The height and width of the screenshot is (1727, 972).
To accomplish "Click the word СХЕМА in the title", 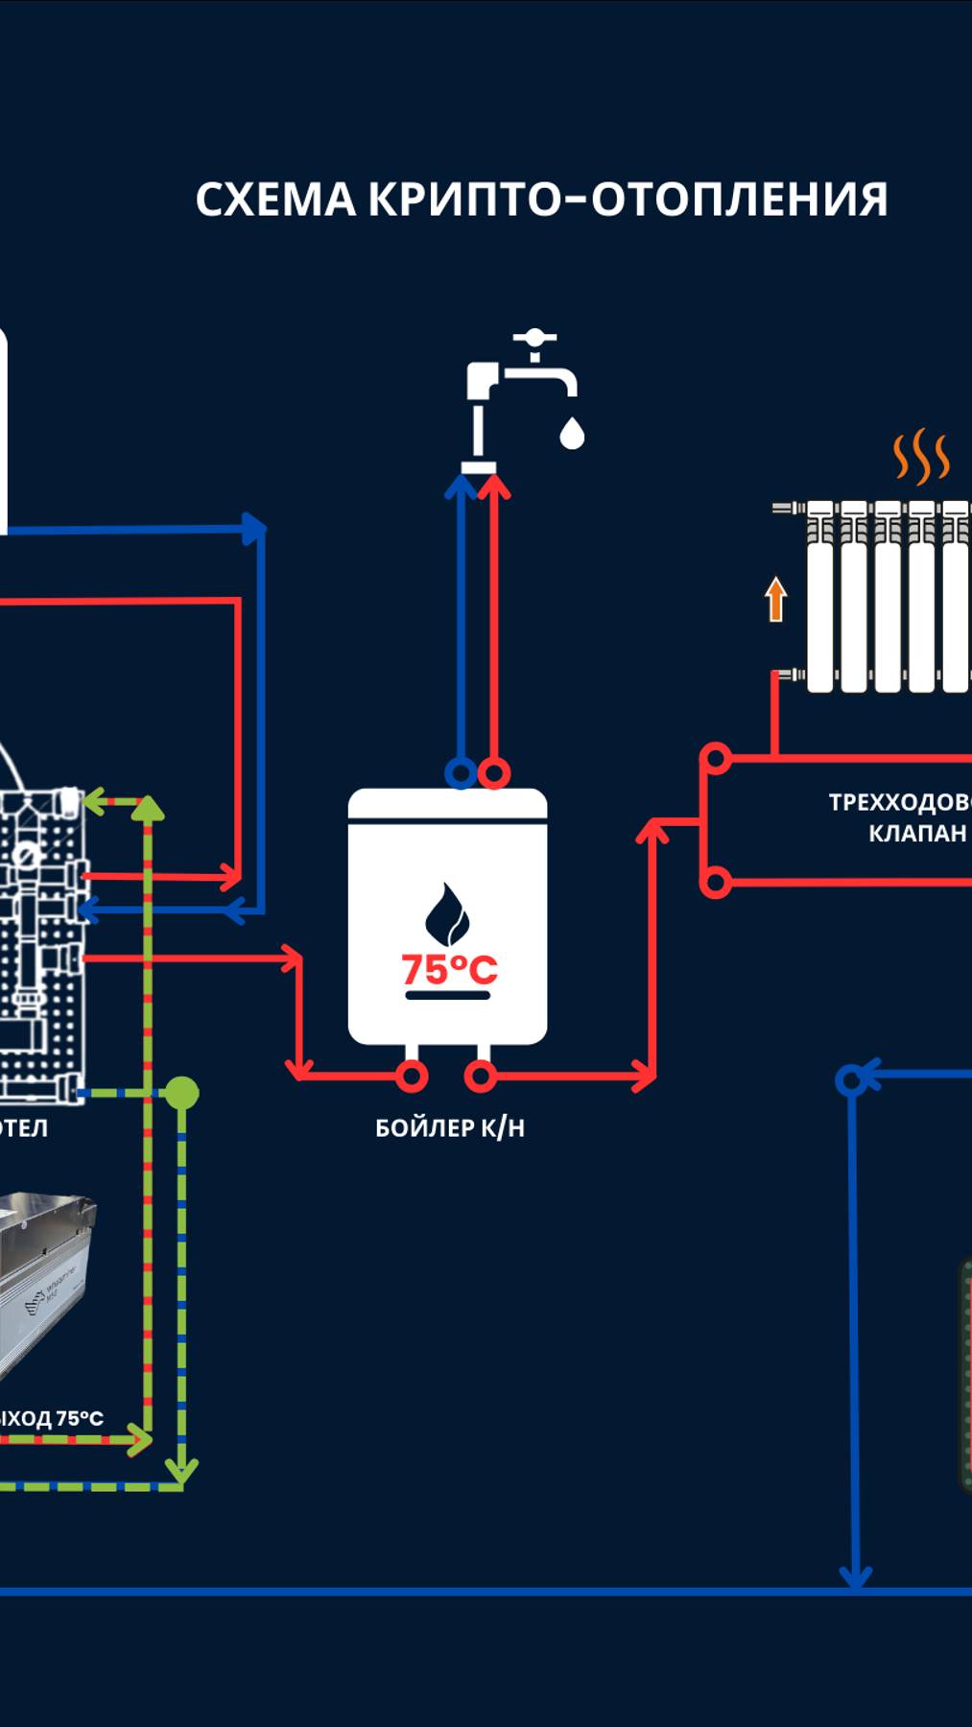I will click(275, 200).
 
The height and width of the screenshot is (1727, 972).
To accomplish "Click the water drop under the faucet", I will click(572, 434).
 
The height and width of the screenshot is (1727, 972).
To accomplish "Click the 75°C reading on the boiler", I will click(448, 969).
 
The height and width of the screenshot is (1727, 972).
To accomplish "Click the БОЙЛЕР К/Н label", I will click(449, 1127).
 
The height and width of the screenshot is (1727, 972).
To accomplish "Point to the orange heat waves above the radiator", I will click(921, 457).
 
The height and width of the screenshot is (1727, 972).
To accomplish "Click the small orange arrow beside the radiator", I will click(775, 599).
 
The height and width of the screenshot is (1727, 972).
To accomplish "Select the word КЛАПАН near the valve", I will click(917, 833).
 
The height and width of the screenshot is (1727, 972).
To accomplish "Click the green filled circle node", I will click(181, 1093).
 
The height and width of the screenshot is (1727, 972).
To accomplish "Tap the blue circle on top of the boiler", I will click(461, 772).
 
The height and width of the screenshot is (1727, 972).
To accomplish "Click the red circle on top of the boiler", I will click(494, 772).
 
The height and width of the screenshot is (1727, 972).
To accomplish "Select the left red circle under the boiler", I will click(412, 1076).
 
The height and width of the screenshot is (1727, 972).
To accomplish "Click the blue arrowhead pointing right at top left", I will click(253, 529).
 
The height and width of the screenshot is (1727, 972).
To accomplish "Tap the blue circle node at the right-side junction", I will click(850, 1081).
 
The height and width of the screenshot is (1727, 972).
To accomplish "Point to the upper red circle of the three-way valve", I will click(716, 760).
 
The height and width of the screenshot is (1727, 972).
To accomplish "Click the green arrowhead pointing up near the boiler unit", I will click(147, 808).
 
